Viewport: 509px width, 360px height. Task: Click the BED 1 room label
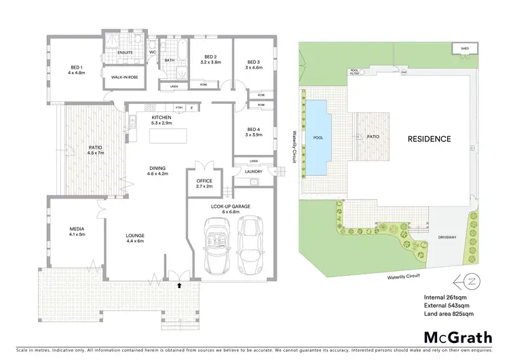click(76, 67)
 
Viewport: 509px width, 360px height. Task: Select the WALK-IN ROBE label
click(121, 77)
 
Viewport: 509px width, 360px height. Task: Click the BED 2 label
click(210, 57)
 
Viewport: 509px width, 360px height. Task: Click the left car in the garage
click(218, 245)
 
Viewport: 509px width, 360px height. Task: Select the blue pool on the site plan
click(319, 136)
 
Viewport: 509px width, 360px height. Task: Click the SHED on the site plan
click(464, 49)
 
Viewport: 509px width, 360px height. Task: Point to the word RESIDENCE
click(428, 139)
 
